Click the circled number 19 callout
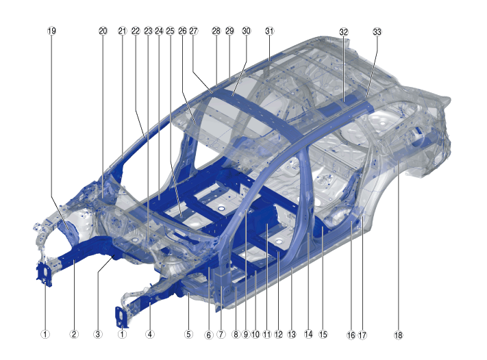52,31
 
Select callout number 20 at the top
103,31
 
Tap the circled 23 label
148,31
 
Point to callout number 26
182,31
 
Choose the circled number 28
216,31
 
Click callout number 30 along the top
247,31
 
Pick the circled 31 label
269,31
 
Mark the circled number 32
344,31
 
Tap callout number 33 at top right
377,31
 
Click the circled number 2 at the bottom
74,334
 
